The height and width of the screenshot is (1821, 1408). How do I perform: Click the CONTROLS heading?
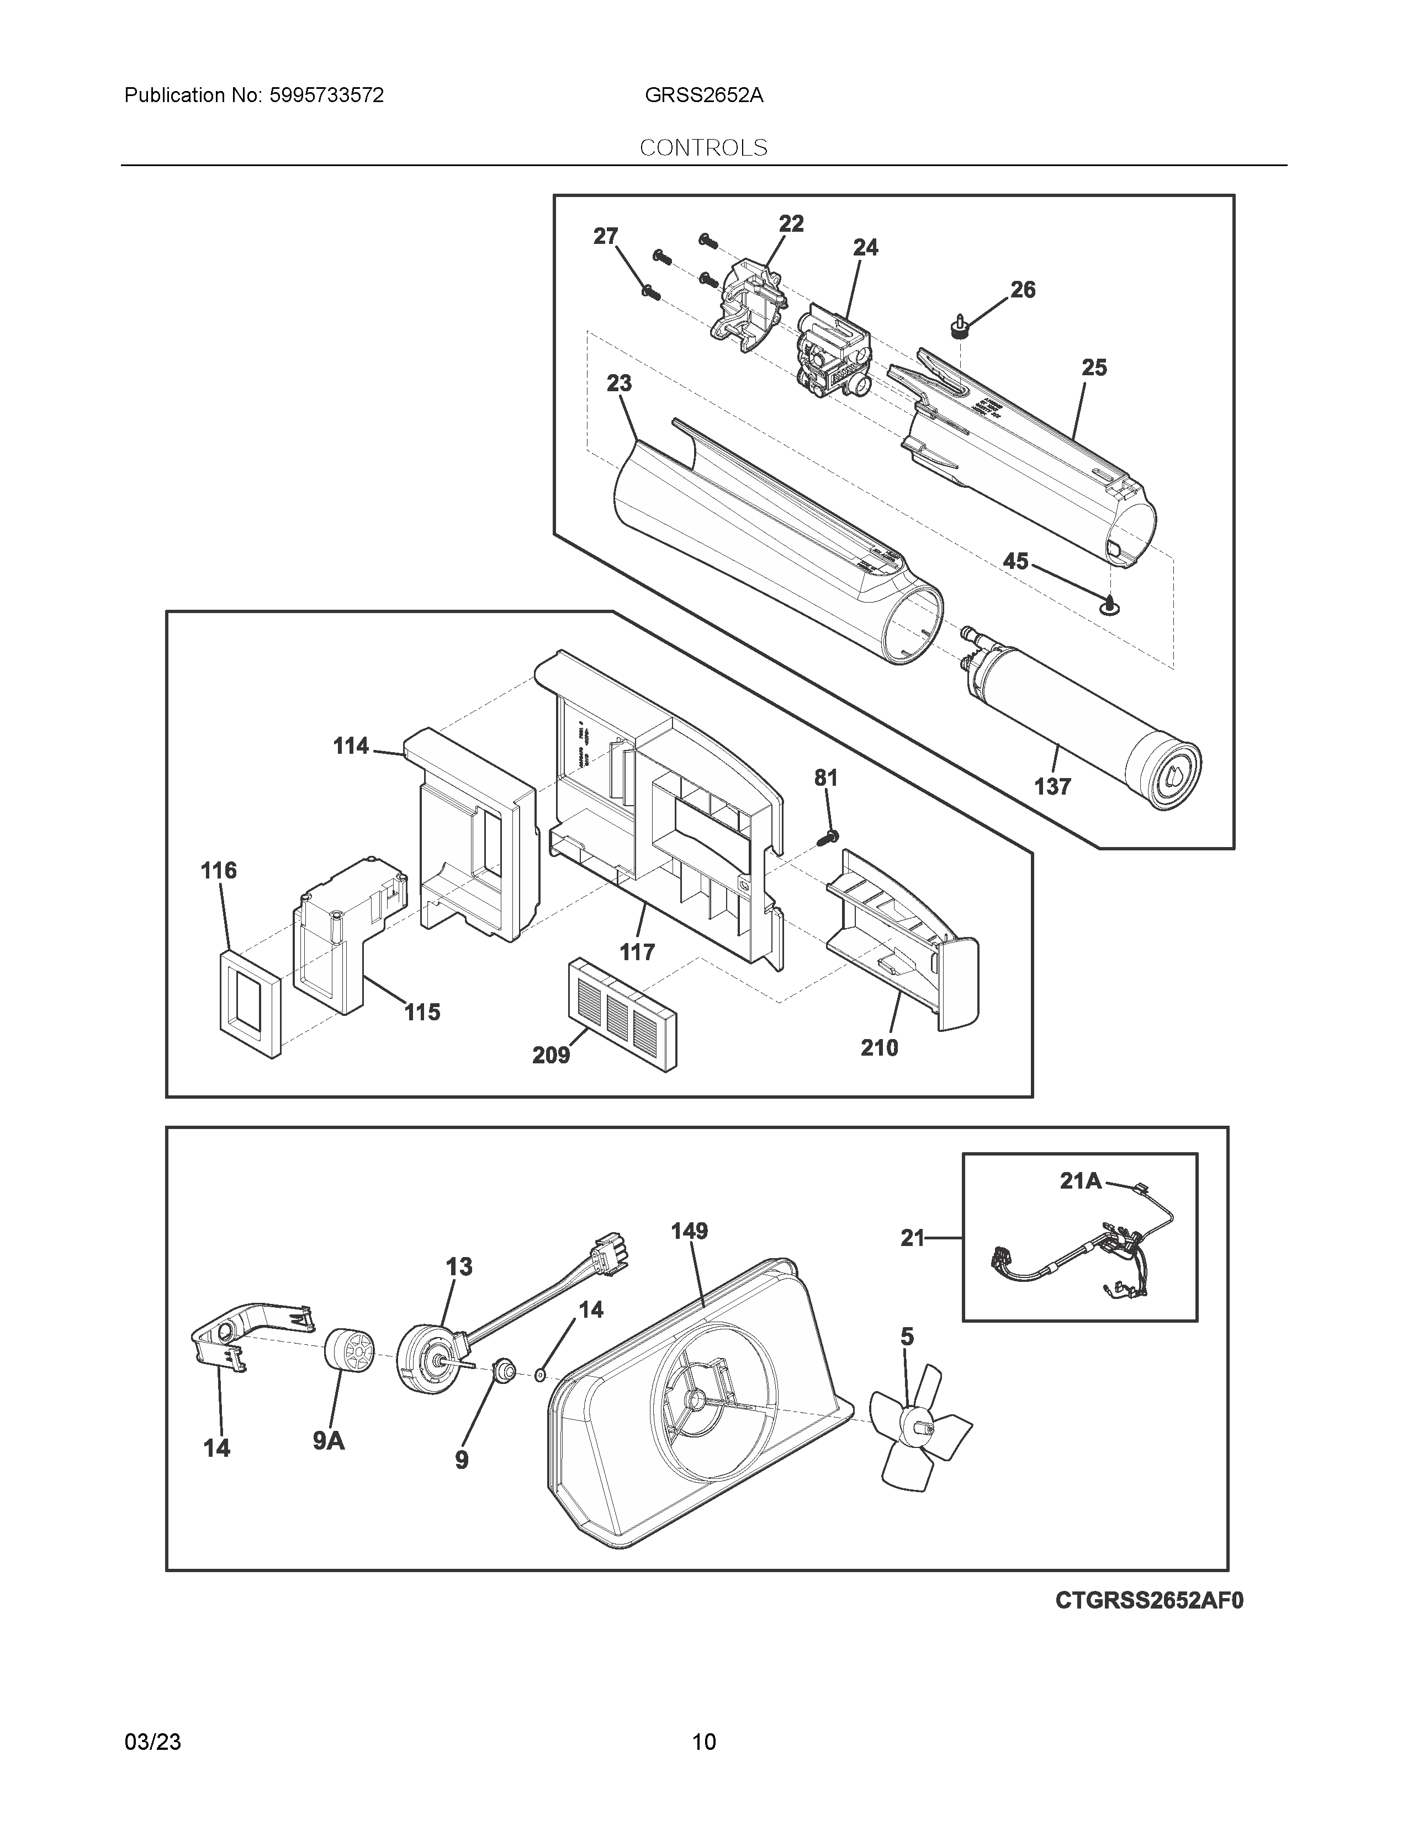click(x=703, y=147)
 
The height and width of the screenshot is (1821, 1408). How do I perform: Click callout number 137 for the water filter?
click(x=1052, y=786)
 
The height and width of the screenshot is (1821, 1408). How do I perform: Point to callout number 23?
click(x=619, y=384)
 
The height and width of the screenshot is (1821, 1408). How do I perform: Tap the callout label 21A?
click(x=1080, y=1181)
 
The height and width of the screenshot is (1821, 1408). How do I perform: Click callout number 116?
click(x=219, y=870)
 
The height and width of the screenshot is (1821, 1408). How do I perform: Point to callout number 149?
click(x=689, y=1231)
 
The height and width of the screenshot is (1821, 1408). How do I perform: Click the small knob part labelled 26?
click(x=961, y=327)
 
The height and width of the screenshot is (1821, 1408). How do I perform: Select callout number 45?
click(x=1015, y=561)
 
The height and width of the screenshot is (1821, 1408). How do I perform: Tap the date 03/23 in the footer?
click(x=152, y=1742)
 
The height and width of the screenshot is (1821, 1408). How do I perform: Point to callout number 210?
click(x=879, y=1047)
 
